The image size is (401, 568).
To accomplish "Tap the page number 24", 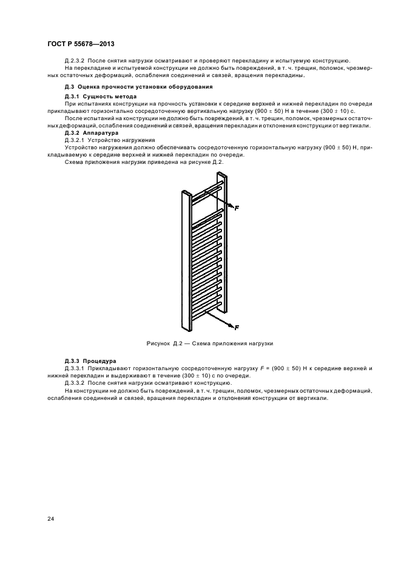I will click(50, 518).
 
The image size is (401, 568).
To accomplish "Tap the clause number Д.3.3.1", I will click(76, 369).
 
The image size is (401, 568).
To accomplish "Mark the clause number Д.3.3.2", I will click(76, 384).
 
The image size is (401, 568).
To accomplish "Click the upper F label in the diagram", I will click(237, 208).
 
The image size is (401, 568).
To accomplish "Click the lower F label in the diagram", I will click(237, 328).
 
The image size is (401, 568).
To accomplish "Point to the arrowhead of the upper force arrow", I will click(231, 206).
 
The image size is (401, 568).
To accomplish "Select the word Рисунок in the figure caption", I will click(158, 343).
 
